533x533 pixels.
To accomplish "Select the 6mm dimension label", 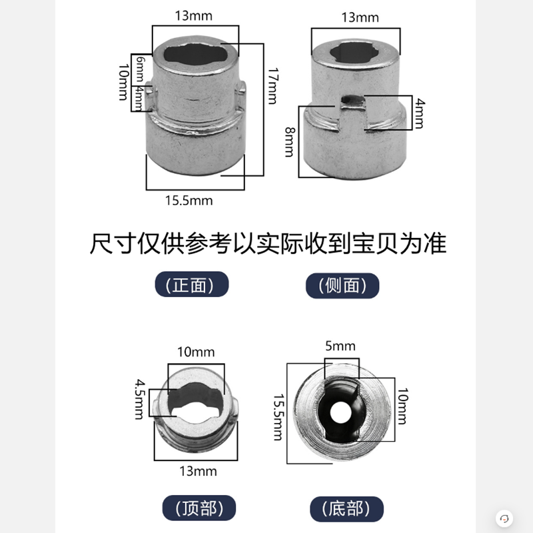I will (139, 69).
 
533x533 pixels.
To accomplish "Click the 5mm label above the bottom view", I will (341, 346).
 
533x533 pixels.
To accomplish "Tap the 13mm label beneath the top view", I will (198, 471).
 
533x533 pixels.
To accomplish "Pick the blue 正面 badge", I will (193, 285).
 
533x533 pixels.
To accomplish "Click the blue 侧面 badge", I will (342, 286).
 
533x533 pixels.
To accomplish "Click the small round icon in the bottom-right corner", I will (504, 518).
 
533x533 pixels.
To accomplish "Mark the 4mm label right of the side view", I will (419, 112).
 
